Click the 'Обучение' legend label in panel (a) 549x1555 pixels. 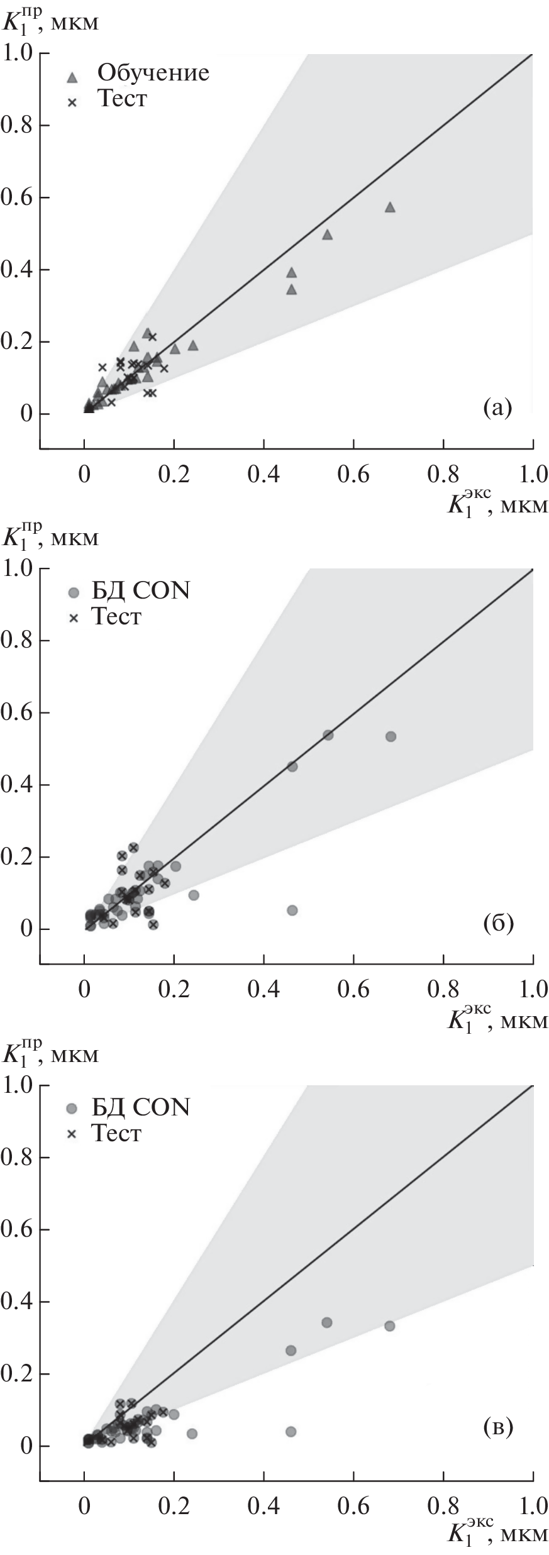(x=153, y=73)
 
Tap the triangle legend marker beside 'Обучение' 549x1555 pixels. (x=72, y=78)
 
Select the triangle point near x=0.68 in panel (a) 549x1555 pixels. (x=390, y=207)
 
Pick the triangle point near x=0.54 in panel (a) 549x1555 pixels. (x=327, y=235)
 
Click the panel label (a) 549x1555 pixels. (x=497, y=409)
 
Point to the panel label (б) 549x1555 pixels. (x=498, y=924)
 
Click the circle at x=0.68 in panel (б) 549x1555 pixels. (x=391, y=736)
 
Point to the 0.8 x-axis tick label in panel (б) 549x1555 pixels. (x=443, y=989)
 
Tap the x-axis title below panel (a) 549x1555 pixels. (x=497, y=504)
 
